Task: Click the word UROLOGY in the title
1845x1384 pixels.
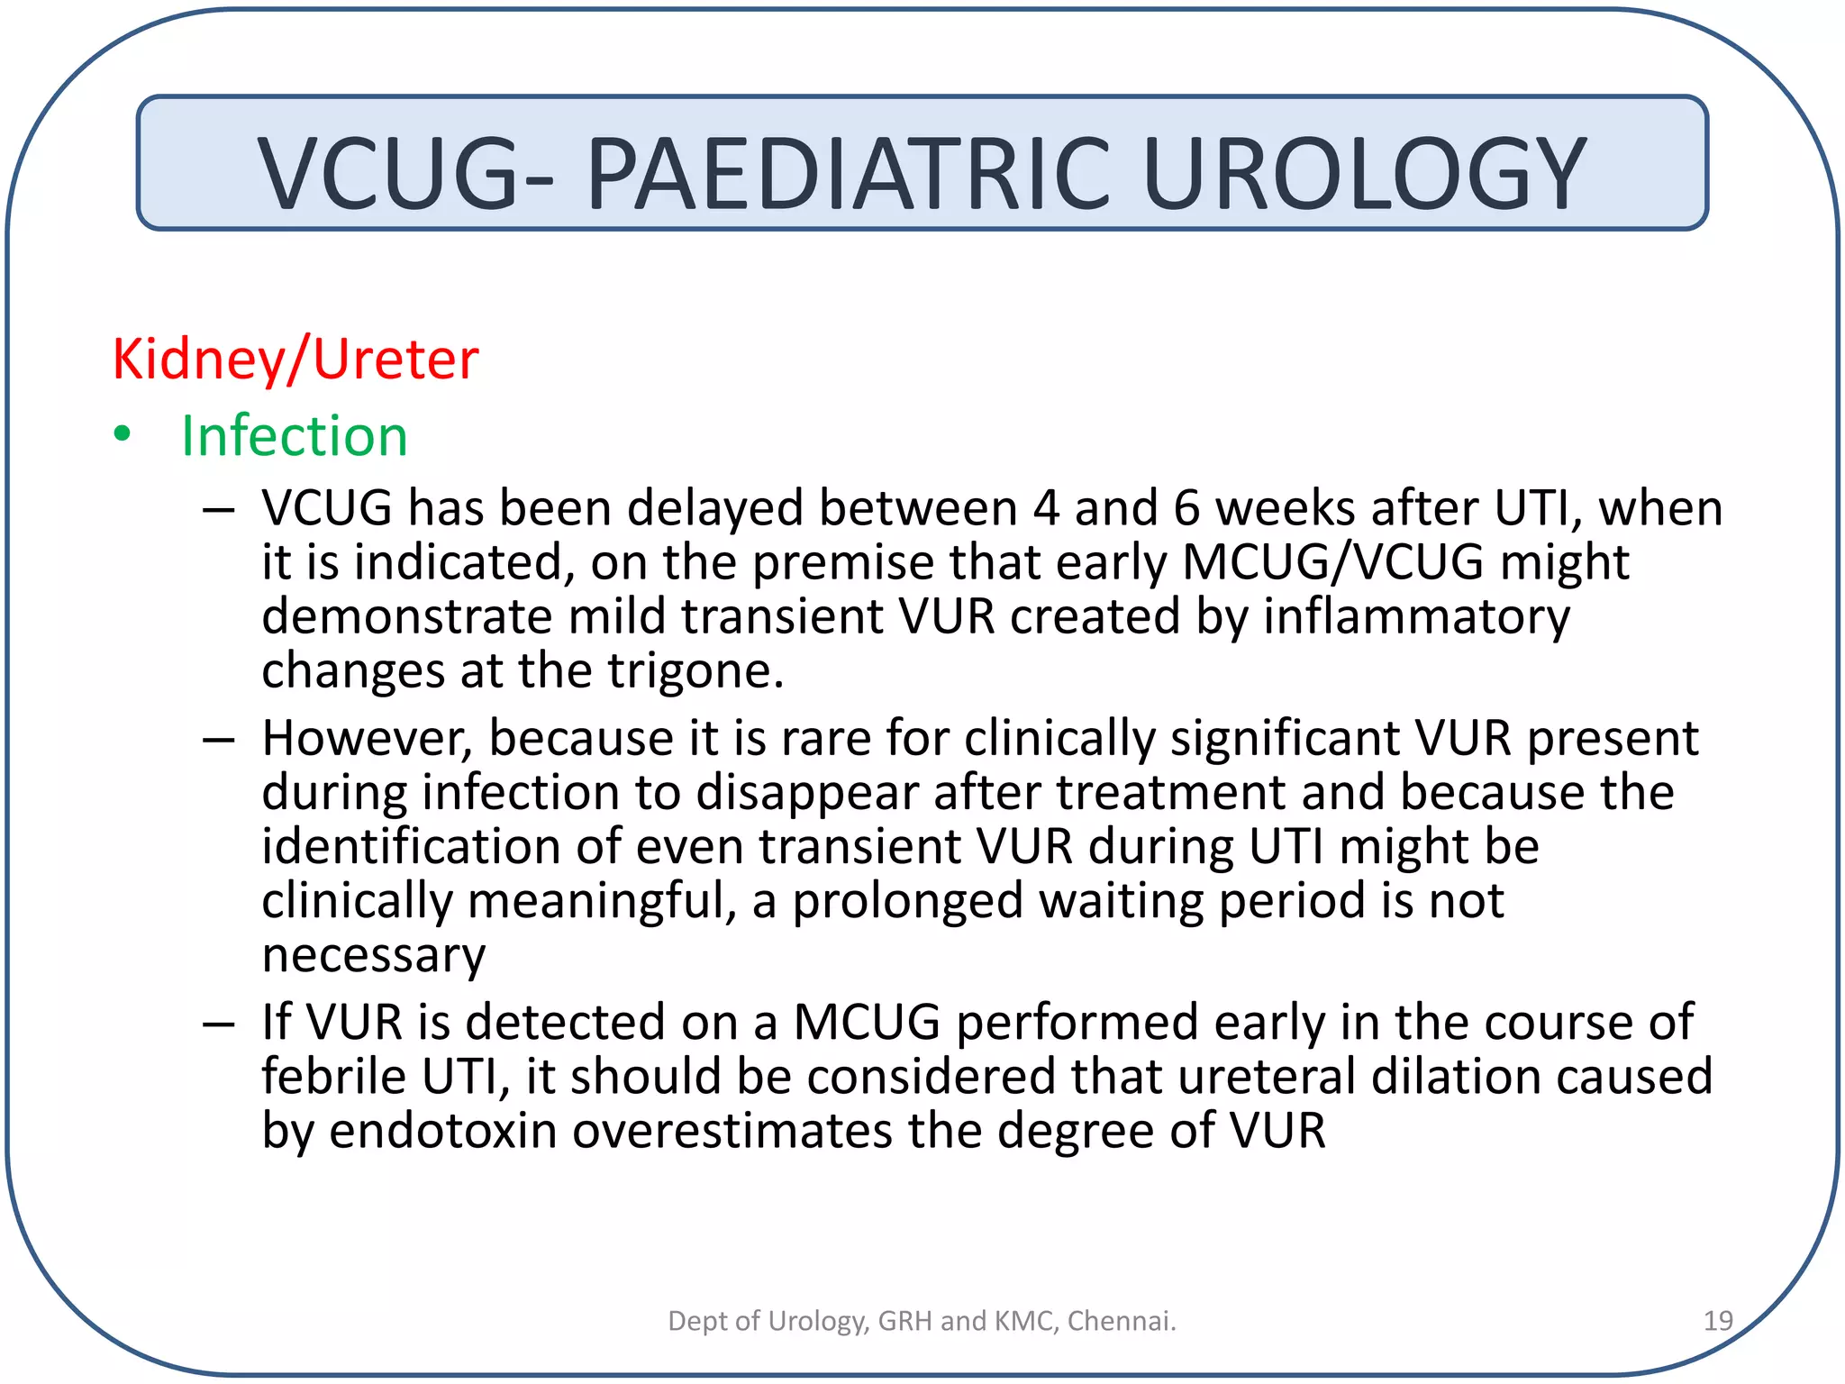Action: [x=1364, y=173]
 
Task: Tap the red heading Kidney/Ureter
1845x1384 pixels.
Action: [x=295, y=360]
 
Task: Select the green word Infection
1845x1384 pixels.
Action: [x=295, y=436]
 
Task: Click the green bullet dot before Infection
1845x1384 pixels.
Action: [x=123, y=435]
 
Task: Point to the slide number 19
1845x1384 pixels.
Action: [x=1718, y=1321]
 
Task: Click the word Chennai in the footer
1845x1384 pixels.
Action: [x=1121, y=1321]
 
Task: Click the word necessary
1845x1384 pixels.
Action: [x=374, y=955]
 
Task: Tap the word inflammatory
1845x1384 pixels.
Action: [x=1417, y=618]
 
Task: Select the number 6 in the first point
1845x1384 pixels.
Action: [x=1186, y=509]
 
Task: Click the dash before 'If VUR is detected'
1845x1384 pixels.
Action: [x=218, y=1024]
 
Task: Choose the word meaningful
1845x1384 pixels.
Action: [x=603, y=901]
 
